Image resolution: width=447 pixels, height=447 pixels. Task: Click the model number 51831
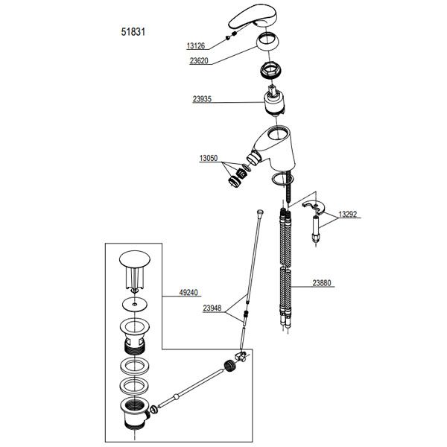click(133, 31)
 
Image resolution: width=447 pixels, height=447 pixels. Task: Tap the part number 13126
click(196, 45)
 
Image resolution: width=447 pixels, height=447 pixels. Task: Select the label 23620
click(199, 61)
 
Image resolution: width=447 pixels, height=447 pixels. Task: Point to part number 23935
click(202, 99)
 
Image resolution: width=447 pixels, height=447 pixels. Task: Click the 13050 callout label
click(209, 158)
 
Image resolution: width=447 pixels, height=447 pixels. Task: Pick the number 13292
click(348, 214)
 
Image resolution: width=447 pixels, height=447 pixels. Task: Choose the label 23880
click(322, 283)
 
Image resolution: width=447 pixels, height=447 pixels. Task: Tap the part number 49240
click(188, 293)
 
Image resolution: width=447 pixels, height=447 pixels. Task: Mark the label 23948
click(212, 308)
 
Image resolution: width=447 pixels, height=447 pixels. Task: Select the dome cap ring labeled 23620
click(267, 42)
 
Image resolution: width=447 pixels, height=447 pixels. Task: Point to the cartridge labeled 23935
click(273, 101)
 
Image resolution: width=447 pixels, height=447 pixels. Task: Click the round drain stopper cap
click(135, 258)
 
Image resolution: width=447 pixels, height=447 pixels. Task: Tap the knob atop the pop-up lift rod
click(260, 212)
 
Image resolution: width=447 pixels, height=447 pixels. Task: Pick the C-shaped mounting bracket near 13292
click(314, 206)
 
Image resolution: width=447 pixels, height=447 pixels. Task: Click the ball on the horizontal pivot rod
click(176, 396)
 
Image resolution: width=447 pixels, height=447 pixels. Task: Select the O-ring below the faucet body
click(282, 180)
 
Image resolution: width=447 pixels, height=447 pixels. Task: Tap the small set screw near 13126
click(228, 38)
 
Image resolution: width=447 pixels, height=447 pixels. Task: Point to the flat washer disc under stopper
click(135, 304)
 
